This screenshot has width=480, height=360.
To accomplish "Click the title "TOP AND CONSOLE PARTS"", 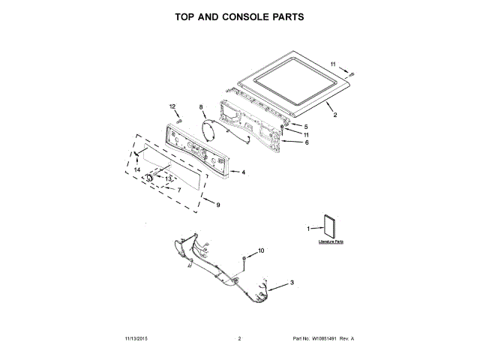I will coord(239,16).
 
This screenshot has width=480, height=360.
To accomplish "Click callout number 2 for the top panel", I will coord(335,115).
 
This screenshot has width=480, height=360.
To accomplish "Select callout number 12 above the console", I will coord(172,106).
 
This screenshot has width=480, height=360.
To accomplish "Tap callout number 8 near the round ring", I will coord(201,107).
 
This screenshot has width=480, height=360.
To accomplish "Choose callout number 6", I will coord(306,142).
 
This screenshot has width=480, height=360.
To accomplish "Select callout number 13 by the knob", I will coord(168,178).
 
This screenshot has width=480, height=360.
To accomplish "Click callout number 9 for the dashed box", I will coord(217,205).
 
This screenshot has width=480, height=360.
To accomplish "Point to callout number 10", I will coord(262,250).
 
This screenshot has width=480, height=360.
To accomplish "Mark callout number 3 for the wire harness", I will coord(292,281).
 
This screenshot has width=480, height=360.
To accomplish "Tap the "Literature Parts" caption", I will coord(330,242).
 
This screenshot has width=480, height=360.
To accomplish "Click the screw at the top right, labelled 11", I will coord(352,73).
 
